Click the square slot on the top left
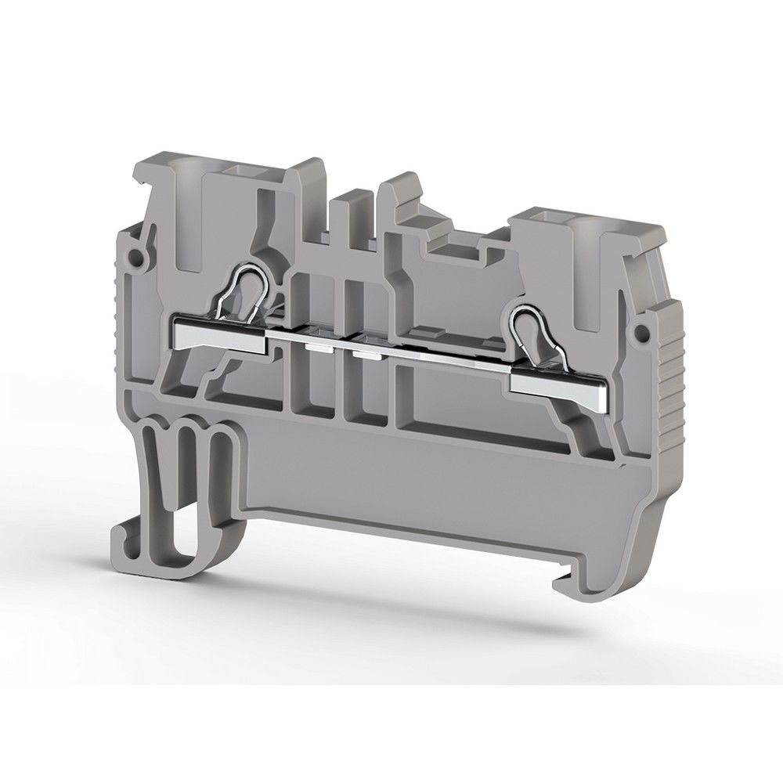[x=236, y=170]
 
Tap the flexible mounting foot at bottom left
[x=157, y=501]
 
